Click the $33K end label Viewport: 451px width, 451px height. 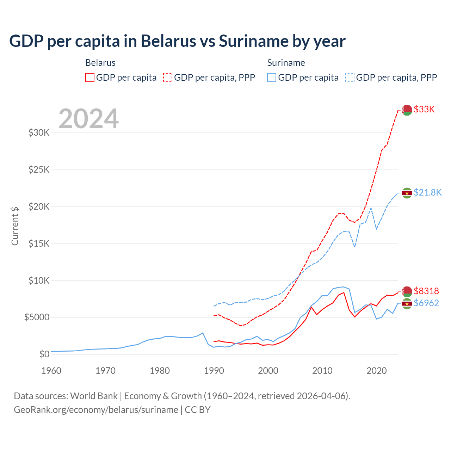[424, 109]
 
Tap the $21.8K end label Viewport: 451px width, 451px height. [427, 192]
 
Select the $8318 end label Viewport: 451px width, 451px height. [426, 291]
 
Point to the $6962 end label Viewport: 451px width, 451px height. [426, 303]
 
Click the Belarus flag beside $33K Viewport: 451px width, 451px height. [407, 110]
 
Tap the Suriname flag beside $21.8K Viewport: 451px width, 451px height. [407, 193]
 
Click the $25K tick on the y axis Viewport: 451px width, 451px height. [39, 169]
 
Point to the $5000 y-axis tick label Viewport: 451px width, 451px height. [37, 317]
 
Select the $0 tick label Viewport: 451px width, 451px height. [44, 354]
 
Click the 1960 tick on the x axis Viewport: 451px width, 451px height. [51, 371]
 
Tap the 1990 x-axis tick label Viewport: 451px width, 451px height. [214, 371]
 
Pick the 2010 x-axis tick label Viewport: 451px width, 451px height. [322, 371]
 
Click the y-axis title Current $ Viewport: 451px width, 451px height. [15, 226]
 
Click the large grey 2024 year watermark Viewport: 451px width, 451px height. [89, 119]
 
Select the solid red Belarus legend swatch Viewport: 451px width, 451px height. [90, 78]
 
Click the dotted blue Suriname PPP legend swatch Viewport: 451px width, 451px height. [350, 78]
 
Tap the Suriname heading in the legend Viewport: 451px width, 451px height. [286, 63]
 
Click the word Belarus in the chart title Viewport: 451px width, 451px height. [168, 41]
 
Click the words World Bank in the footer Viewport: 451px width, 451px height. [94, 396]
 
